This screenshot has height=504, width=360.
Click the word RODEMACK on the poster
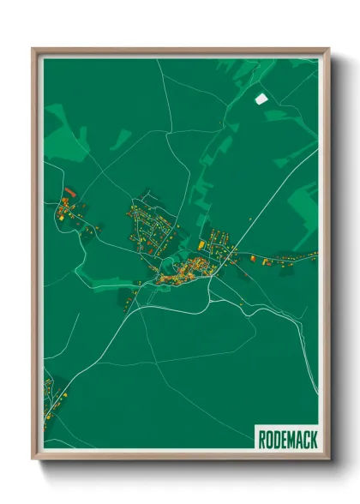coord(286,440)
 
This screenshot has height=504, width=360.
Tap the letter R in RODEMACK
coord(262,440)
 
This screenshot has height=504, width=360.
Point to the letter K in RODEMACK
coord(313,440)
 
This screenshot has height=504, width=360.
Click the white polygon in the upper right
coord(261,98)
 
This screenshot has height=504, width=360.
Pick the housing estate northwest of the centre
coord(147,225)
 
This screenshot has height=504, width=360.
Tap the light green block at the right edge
coord(304,206)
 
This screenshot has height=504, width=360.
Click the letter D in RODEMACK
coord(277,440)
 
